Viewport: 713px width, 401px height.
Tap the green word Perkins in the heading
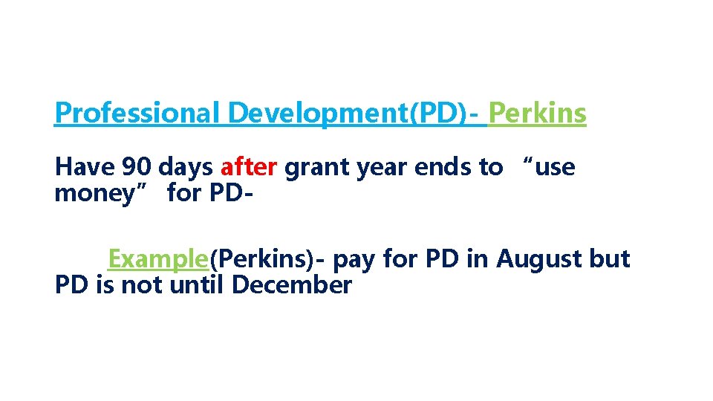(x=537, y=114)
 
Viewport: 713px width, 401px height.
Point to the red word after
(x=249, y=168)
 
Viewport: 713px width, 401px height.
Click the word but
(x=610, y=259)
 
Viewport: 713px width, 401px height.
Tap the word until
(x=197, y=284)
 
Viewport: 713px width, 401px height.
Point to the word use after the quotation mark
(x=553, y=168)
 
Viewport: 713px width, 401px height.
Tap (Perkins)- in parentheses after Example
(x=268, y=259)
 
